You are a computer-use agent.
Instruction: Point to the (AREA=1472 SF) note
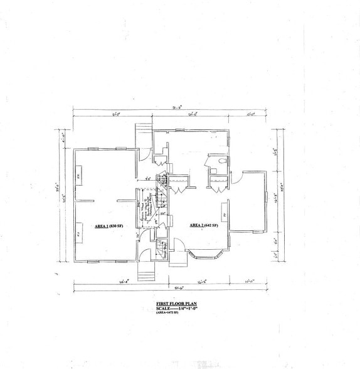coord(171,313)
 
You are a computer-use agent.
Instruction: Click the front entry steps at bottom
coord(145,272)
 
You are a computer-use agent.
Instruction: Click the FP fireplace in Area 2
coord(225,217)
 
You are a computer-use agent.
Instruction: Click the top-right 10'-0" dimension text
coord(250,115)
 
